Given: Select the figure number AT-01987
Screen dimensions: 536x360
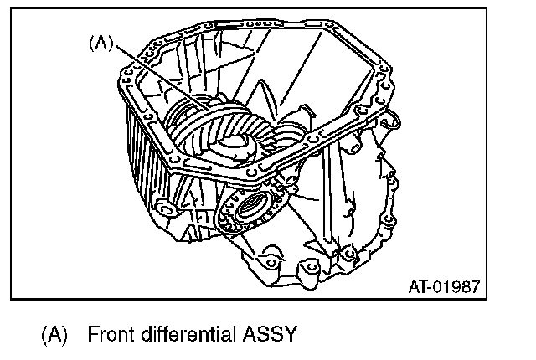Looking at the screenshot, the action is click(x=443, y=287).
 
